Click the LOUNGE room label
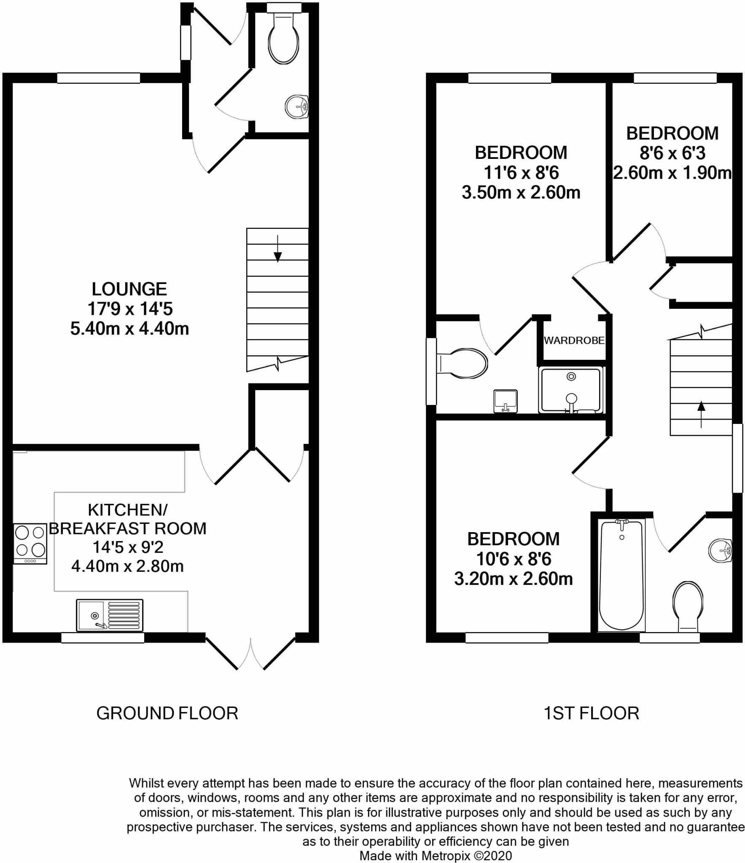point(129,289)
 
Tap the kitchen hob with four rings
point(30,543)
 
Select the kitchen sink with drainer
point(110,615)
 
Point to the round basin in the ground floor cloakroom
point(297,107)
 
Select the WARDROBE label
point(574,340)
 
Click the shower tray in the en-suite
point(571,390)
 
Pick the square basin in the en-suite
point(505,401)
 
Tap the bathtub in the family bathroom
point(621,576)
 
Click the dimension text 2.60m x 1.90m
point(672,173)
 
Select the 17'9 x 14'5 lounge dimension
point(130,309)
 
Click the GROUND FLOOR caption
point(167,713)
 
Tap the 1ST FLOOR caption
point(591,713)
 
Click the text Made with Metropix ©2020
point(436,856)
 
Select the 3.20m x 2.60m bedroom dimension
point(513,579)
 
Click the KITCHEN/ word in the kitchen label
point(128,510)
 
